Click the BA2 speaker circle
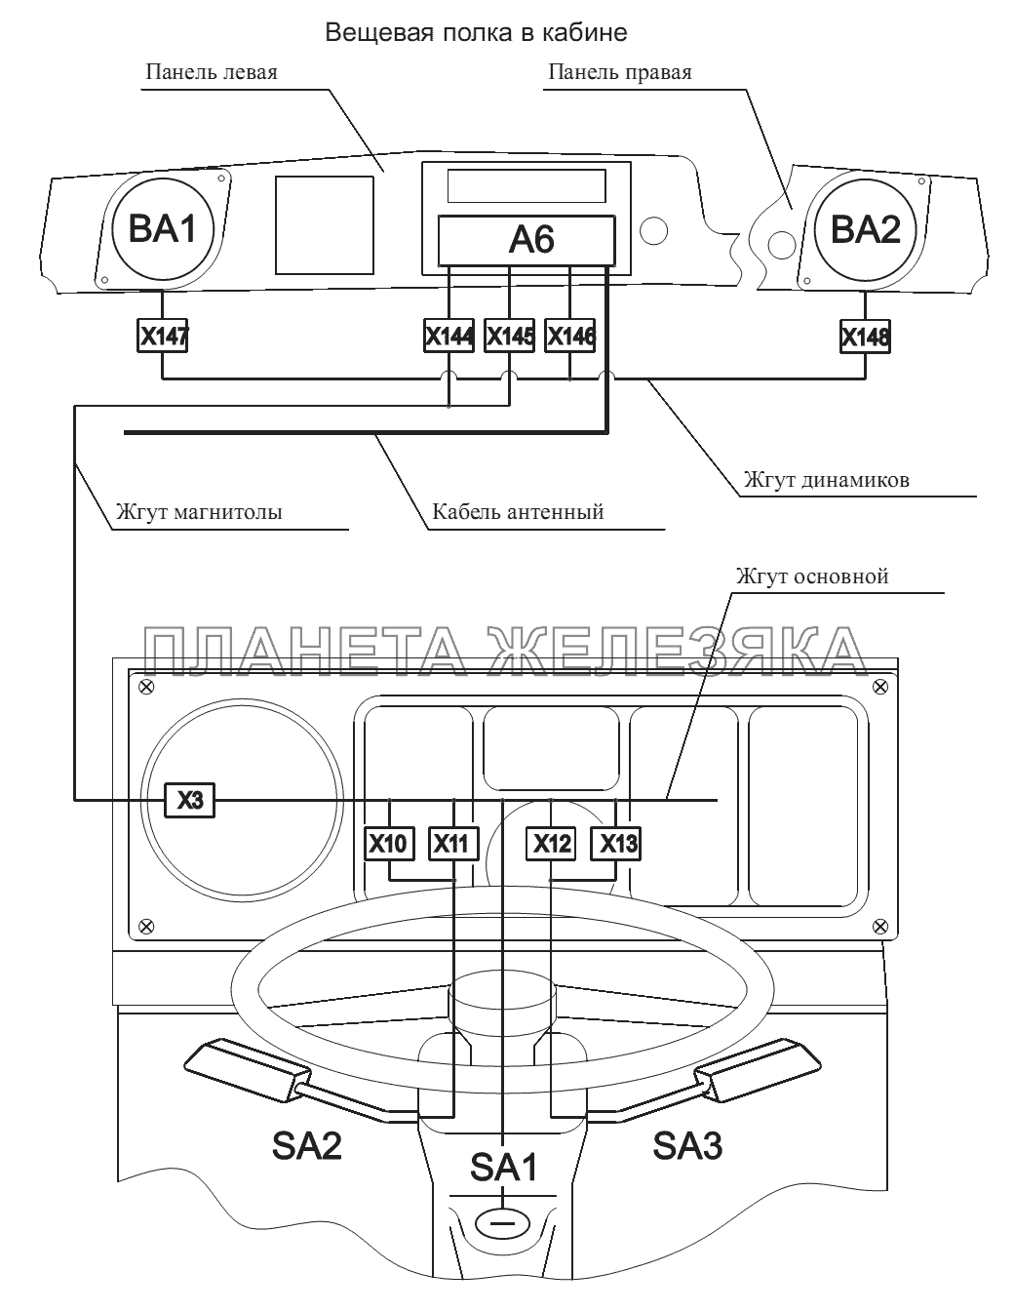(x=865, y=230)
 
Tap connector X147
(x=162, y=338)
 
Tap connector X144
(x=449, y=338)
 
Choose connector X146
(x=570, y=338)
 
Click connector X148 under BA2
(x=865, y=338)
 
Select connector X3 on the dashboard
(x=189, y=801)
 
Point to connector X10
(x=390, y=844)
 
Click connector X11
(x=452, y=844)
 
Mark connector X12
(x=551, y=844)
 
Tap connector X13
(x=616, y=844)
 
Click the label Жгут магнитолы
(x=199, y=511)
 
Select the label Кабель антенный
(x=518, y=511)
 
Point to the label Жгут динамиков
(x=826, y=480)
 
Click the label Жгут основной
(x=813, y=576)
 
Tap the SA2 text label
(x=306, y=1145)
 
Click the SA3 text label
(x=686, y=1145)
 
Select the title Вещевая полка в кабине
(x=476, y=33)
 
